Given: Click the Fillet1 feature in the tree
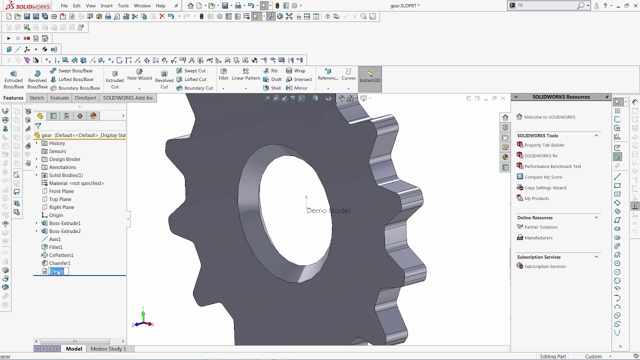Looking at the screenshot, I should point(55,247).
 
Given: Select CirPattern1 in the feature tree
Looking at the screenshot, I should point(61,255).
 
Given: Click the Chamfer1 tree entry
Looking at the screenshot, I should point(59,263).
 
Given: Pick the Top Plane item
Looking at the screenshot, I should point(60,199).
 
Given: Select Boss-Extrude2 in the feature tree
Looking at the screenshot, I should point(64,231).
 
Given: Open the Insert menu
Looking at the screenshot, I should point(106,6).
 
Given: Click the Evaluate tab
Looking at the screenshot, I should point(59,98).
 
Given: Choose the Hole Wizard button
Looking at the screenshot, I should point(139,75).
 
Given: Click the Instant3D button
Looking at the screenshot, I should point(370,77).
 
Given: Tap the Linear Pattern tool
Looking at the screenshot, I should point(245,75).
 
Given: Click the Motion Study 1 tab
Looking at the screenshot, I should point(108,348).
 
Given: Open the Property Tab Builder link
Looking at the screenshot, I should point(544,145).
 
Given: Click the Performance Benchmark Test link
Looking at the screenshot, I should point(552,166).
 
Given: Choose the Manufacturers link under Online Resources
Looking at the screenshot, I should point(538,238).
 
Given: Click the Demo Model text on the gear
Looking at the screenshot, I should point(328,210).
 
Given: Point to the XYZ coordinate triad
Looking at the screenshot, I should point(143,319).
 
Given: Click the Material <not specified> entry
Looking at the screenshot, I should point(76,183).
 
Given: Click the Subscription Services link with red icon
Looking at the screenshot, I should point(544,266).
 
